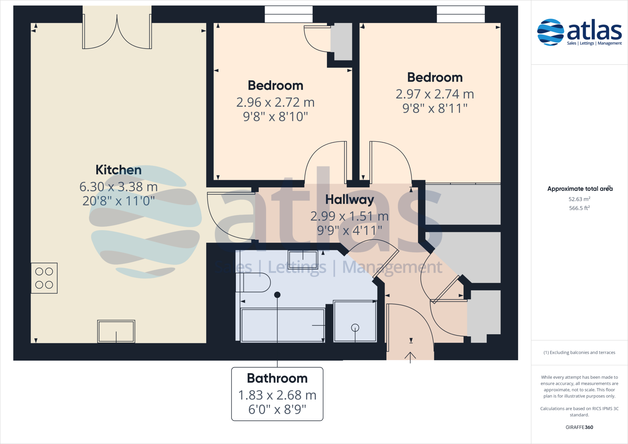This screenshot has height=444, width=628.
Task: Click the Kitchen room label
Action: pos(118,170)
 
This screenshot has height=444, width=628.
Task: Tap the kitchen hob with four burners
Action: pos(44,278)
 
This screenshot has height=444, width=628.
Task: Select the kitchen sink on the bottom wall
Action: pos(116,331)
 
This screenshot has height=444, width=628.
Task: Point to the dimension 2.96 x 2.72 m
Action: pos(275,102)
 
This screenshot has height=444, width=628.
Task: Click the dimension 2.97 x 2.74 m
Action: pos(435,94)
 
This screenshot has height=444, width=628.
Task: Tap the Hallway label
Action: pos(350,200)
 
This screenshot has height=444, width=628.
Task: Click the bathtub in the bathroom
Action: pos(282,325)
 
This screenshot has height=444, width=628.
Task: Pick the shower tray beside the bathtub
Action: pos(355,321)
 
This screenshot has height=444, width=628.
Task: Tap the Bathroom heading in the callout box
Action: pos(277,378)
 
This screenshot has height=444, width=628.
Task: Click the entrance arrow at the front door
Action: pos(410,357)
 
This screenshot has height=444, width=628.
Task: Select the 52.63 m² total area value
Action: pos(579,199)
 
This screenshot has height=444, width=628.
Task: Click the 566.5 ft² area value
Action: pos(579,208)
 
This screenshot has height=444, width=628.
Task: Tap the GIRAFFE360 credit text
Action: pos(579,427)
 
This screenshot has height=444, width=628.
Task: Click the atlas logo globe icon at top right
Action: pos(550,32)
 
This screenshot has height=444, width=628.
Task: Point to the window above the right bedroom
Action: pos(461,14)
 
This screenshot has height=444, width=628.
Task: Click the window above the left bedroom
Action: pos(289,14)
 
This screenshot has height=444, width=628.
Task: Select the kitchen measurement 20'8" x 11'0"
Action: pos(118,201)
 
